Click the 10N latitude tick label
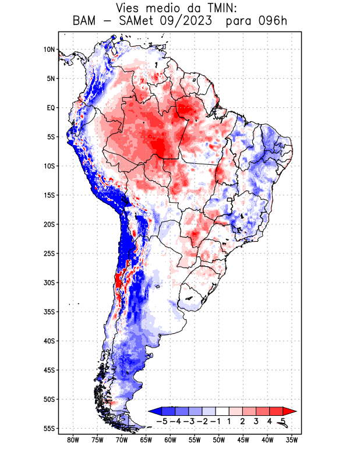coord(49,50)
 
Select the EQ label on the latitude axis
coord(50,108)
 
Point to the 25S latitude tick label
coord(48,253)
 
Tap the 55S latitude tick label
coord(48,428)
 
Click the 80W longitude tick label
coord(73,440)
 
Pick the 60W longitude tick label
coord(171,440)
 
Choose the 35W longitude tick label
coord(292,440)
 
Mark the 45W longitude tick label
coord(243,440)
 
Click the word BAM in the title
coord(87,22)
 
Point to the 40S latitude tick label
coord(48,341)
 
